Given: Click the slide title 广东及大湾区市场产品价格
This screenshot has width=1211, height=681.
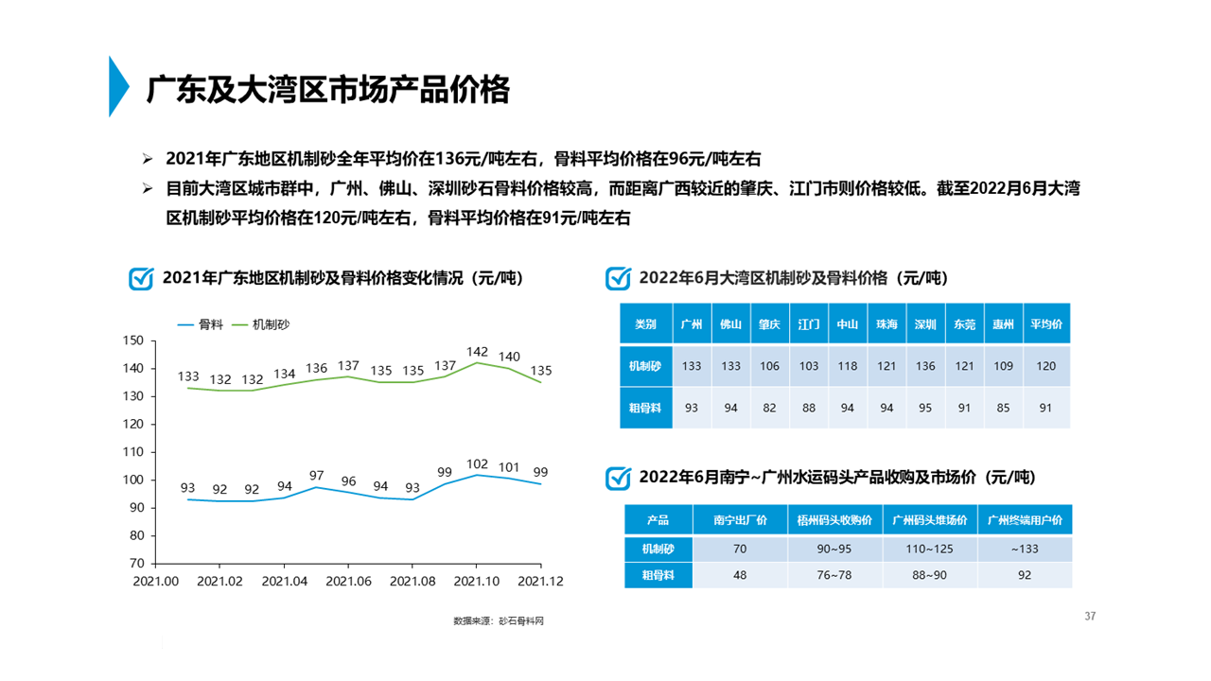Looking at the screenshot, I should point(328,90).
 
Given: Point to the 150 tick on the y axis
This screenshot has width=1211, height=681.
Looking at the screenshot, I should point(133,340).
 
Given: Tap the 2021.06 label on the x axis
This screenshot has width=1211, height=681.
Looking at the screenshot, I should point(348,582).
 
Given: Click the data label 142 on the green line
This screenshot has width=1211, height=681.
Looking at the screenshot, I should point(478,352).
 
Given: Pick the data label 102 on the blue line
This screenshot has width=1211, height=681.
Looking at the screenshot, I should point(478,463).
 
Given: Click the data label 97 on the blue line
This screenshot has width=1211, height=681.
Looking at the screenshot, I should point(317,476).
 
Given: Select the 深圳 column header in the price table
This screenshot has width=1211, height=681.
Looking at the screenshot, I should point(925,324).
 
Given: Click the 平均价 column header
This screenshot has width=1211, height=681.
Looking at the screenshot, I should point(1045,324).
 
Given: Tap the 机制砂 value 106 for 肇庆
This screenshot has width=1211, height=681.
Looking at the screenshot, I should point(769,366).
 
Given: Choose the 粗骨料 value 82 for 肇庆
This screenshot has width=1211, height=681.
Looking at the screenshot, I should point(769,408).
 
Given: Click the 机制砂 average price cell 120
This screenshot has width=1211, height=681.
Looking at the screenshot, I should point(1045,366).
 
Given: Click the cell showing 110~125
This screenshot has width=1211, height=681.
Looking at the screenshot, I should point(930,549).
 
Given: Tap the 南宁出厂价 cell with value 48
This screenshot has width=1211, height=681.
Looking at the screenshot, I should point(740,575).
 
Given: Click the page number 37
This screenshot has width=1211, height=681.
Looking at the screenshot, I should point(1090,617).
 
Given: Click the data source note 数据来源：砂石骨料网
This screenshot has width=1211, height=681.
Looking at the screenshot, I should point(499,621).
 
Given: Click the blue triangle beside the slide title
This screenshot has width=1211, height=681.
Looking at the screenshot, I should point(117,87).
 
